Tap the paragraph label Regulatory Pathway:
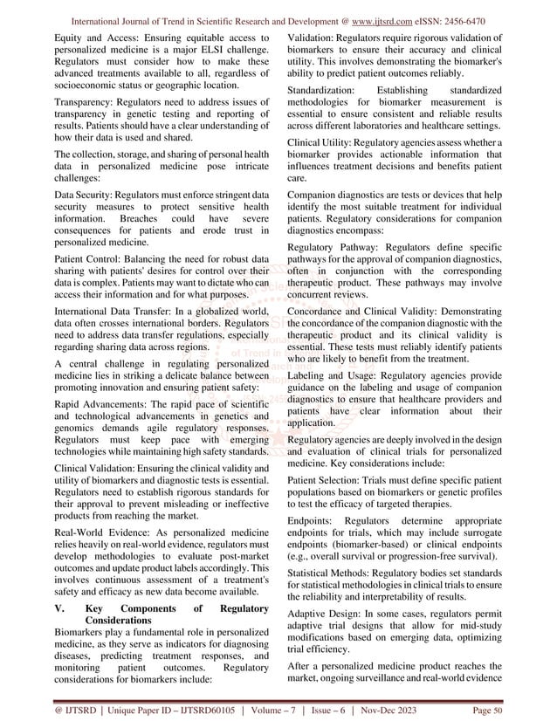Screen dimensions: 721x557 pyautogui.click(x=337, y=248)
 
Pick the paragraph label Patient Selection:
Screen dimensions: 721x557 pyautogui.click(x=332, y=479)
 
